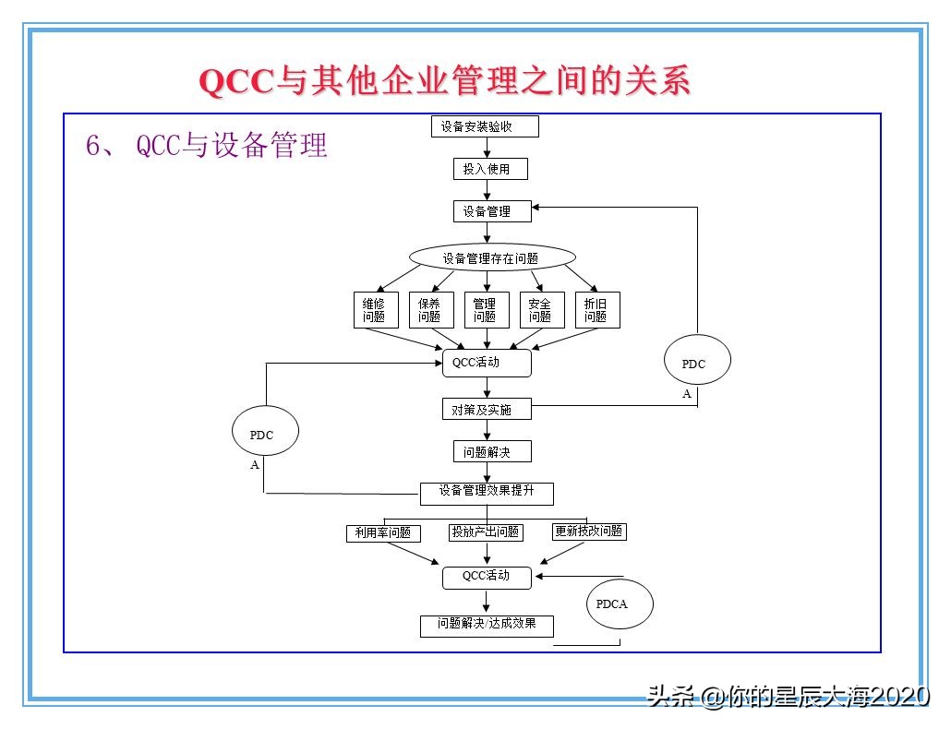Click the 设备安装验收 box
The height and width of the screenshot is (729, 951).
tap(485, 126)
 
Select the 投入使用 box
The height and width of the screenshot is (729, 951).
tap(487, 169)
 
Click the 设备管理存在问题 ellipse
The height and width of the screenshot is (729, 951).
tap(492, 258)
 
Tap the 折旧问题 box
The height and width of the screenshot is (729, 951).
tap(597, 310)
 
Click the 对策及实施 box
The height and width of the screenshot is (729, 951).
tap(487, 409)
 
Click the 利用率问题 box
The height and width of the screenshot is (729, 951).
tap(382, 533)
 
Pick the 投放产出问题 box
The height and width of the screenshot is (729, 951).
tap(485, 532)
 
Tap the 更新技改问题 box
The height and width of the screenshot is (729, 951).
tap(589, 532)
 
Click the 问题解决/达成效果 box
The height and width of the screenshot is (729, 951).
tap(487, 625)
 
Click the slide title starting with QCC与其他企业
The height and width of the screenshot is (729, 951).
tap(445, 81)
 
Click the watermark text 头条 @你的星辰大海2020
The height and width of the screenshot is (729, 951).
tap(788, 696)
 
